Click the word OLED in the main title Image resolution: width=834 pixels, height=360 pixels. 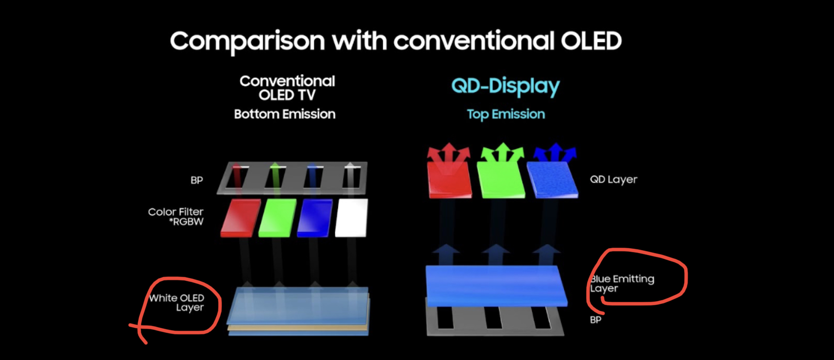591,41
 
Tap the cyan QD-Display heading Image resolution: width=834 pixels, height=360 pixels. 505,87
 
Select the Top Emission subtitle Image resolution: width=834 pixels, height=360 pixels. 505,114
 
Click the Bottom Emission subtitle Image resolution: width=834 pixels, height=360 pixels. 285,114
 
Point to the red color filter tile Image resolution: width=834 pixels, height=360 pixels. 241,218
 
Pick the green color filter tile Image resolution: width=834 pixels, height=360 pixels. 278,218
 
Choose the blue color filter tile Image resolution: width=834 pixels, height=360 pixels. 315,218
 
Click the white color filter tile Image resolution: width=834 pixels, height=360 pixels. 351,218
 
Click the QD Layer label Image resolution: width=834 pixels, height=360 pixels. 614,180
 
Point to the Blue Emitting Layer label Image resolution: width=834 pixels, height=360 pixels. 622,284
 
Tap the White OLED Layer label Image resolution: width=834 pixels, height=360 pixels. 176,303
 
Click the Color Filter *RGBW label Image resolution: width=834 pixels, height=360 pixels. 176,217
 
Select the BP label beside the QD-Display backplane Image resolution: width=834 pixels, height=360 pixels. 596,320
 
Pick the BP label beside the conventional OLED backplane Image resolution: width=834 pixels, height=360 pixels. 197,180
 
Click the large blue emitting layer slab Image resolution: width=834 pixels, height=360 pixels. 496,286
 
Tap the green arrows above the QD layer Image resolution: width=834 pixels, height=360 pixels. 503,152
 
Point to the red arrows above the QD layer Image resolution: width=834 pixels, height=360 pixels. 449,153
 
